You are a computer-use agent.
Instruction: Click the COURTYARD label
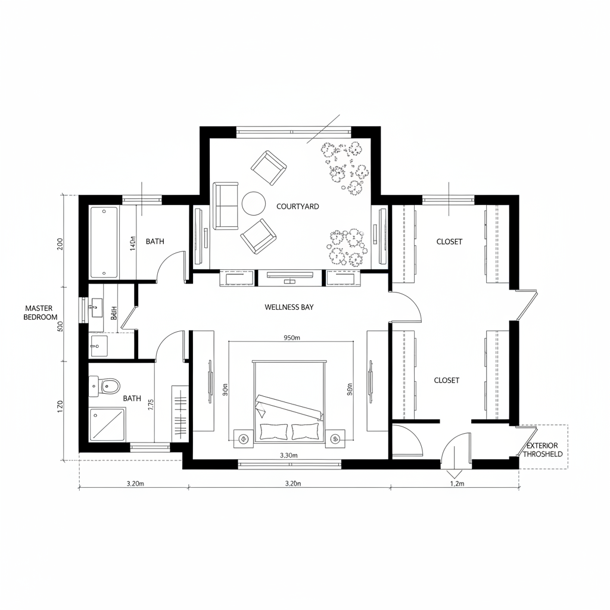click(x=297, y=207)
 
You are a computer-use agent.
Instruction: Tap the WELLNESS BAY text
click(x=289, y=307)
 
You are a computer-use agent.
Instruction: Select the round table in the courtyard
click(x=253, y=203)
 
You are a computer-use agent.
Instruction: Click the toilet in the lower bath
click(x=109, y=387)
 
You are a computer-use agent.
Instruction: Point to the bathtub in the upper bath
click(x=104, y=242)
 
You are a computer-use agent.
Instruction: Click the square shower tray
click(x=108, y=424)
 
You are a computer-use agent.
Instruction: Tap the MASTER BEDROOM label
click(x=41, y=313)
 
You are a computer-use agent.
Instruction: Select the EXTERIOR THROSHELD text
click(x=542, y=450)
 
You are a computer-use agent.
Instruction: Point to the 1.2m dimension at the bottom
click(x=456, y=484)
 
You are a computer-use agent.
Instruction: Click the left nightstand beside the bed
click(x=242, y=438)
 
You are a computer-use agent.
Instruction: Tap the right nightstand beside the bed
click(x=335, y=438)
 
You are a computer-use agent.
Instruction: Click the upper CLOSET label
click(x=449, y=242)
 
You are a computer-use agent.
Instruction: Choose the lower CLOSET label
click(x=446, y=380)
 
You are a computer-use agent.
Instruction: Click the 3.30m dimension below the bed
click(x=288, y=455)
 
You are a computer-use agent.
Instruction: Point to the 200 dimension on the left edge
click(x=60, y=244)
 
